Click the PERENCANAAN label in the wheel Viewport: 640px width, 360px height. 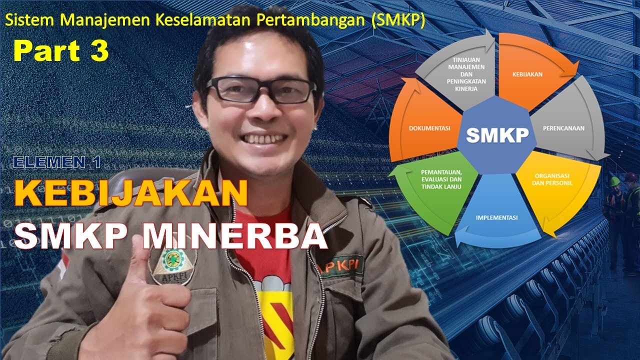[563, 128]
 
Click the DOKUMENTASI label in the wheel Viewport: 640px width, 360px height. [429, 128]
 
